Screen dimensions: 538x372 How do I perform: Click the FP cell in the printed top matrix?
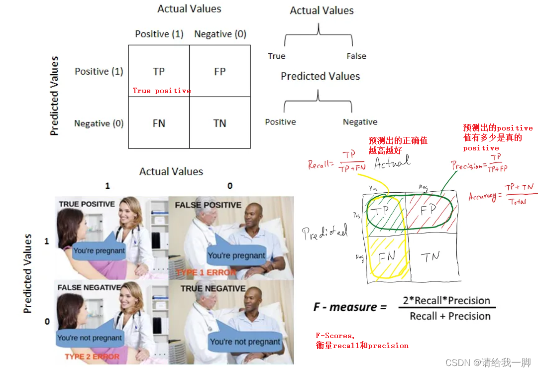point(219,72)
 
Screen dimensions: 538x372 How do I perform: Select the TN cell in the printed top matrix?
point(219,124)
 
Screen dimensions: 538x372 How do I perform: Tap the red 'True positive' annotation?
point(162,91)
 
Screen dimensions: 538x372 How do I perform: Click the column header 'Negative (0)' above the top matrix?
point(220,34)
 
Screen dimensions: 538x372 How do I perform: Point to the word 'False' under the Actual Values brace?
point(356,56)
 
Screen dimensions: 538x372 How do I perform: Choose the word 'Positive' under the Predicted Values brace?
point(280,122)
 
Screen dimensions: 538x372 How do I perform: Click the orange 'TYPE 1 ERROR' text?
point(206,272)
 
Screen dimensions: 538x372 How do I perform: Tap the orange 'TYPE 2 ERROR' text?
point(92,357)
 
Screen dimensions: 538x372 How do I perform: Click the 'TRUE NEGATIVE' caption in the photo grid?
point(213,288)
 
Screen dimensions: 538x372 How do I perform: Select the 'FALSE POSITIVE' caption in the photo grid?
point(208,205)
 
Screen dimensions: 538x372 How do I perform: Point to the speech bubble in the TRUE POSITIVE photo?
point(99,250)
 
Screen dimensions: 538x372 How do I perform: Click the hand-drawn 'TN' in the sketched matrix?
point(431,257)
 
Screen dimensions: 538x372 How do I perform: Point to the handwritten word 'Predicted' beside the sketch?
point(326,231)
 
